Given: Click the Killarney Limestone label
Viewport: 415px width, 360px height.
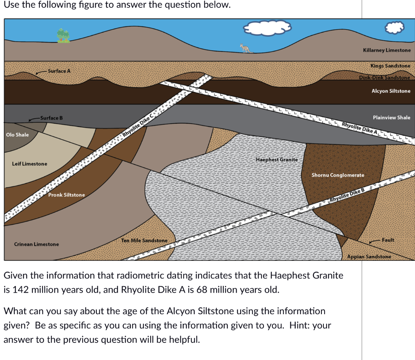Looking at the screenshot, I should (x=387, y=50).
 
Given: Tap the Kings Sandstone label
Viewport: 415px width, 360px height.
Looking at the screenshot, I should (x=390, y=66).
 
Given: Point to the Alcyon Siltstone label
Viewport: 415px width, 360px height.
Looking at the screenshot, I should (x=391, y=91).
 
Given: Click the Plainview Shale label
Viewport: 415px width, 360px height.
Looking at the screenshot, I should (x=391, y=118).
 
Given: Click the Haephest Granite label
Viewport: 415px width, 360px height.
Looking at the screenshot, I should (x=276, y=160).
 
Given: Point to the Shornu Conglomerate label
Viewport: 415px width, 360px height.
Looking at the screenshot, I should (x=338, y=175).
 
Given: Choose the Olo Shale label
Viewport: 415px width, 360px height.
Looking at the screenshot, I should (x=17, y=135).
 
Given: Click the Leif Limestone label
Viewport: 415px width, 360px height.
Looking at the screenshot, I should (x=30, y=164).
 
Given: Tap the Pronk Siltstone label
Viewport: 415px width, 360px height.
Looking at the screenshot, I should (x=66, y=195).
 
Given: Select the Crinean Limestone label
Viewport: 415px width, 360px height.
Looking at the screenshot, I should (x=36, y=244).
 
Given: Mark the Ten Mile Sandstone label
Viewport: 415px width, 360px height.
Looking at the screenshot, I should (x=144, y=240).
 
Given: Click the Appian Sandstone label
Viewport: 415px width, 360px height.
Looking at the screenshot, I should (x=369, y=257).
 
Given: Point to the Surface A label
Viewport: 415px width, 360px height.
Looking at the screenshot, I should (x=59, y=71).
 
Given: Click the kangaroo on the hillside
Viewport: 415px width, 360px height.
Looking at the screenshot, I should (x=245, y=48).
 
